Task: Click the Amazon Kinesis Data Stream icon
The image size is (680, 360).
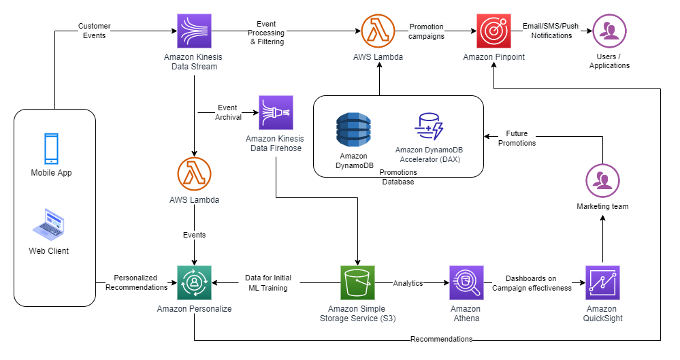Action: pyautogui.click(x=194, y=31)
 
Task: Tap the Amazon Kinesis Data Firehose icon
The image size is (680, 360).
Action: pyautogui.click(x=275, y=112)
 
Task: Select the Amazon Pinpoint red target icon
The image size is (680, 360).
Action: pyautogui.click(x=493, y=31)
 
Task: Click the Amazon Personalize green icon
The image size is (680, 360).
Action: pyautogui.click(x=194, y=282)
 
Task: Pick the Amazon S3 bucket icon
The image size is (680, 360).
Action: pyautogui.click(x=357, y=282)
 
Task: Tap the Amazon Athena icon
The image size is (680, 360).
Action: pyautogui.click(x=466, y=282)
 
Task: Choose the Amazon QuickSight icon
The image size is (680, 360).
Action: pyautogui.click(x=602, y=282)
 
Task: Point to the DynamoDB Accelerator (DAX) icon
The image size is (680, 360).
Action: pyautogui.click(x=429, y=127)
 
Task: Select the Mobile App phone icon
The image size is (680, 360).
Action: pyautogui.click(x=51, y=149)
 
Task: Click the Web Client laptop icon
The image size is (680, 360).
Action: pyautogui.click(x=48, y=225)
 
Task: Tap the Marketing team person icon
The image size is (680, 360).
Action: pyautogui.click(x=602, y=180)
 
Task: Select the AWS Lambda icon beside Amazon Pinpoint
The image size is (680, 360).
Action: pyautogui.click(x=378, y=31)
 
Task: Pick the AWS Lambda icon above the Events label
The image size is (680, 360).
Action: pyautogui.click(x=194, y=174)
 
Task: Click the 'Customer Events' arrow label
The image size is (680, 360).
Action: pyautogui.click(x=94, y=31)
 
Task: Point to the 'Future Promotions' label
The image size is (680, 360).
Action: pyautogui.click(x=517, y=139)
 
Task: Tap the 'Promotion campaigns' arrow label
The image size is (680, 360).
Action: pyautogui.click(x=427, y=31)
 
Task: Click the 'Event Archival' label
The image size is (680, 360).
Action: pyautogui.click(x=227, y=112)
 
